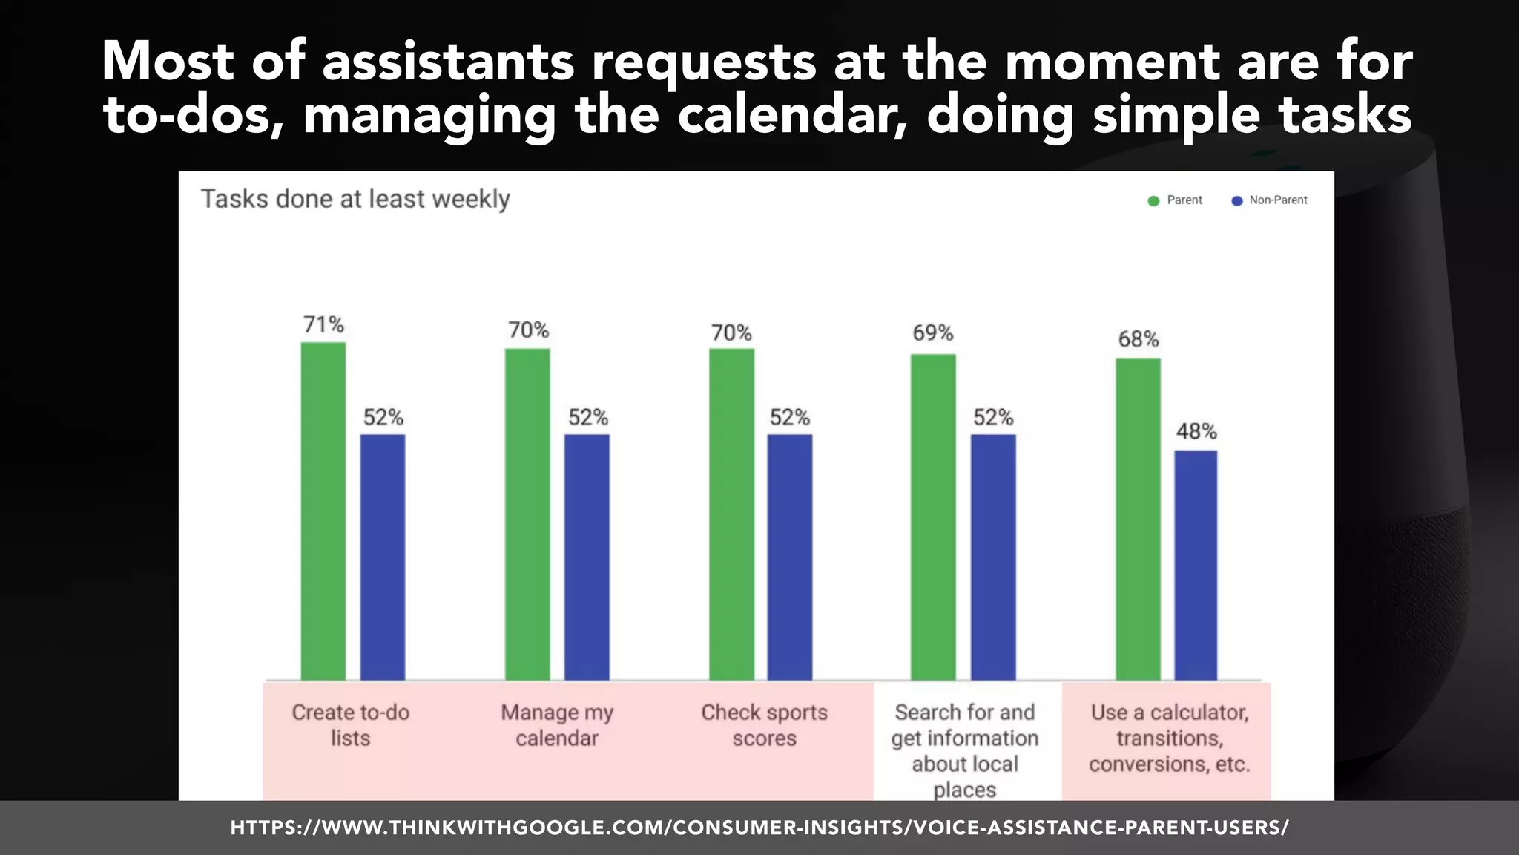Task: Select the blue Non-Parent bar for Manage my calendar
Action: [587, 557]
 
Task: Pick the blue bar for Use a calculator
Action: [1196, 565]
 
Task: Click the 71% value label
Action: [323, 324]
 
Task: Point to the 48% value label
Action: [1196, 431]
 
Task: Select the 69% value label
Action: [932, 332]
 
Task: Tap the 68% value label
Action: [1138, 339]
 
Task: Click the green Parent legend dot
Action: [1153, 201]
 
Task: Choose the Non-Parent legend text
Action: [1277, 200]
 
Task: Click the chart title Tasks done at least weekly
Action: [355, 199]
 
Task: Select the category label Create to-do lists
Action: [350, 725]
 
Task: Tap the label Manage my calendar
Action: [557, 725]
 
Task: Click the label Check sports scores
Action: [764, 725]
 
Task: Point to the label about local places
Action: [964, 751]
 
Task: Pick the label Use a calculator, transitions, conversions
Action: [1169, 738]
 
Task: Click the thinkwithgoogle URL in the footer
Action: [759, 828]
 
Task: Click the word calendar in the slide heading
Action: [791, 116]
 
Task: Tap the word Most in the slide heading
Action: [168, 61]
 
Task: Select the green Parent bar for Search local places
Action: [933, 517]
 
